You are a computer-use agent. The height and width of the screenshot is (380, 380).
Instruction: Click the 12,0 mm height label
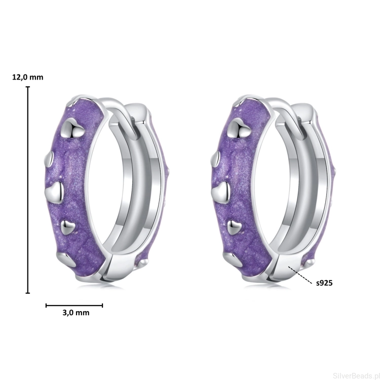click(x=28, y=78)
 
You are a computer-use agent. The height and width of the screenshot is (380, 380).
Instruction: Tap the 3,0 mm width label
click(x=76, y=313)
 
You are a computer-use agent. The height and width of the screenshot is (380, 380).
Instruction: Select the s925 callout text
click(x=324, y=283)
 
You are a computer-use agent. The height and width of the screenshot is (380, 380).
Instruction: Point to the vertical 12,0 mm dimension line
click(x=28, y=190)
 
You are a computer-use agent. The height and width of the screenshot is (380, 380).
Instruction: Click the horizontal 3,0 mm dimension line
click(x=74, y=306)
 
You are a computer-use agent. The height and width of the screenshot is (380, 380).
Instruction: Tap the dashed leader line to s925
click(x=299, y=275)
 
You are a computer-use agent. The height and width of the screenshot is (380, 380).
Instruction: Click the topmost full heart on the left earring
click(x=73, y=129)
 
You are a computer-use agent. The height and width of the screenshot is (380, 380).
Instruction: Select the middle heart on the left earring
click(x=54, y=192)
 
